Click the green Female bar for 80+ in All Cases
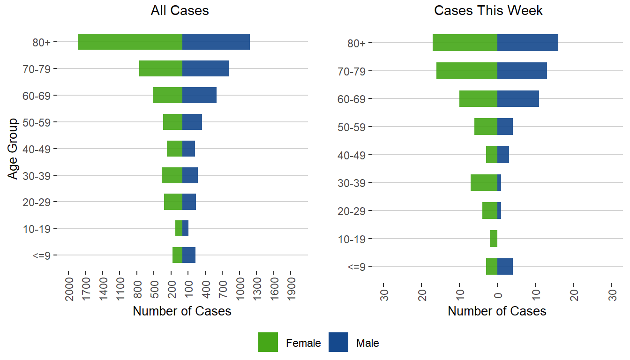(x=130, y=42)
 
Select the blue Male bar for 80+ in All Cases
(x=216, y=42)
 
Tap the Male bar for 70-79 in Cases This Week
(x=522, y=71)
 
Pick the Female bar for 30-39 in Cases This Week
(x=484, y=182)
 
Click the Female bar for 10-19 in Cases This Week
(x=494, y=239)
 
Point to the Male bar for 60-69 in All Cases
(x=199, y=95)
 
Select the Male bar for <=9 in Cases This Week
(x=505, y=266)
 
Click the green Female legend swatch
(x=268, y=342)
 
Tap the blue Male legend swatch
(x=338, y=342)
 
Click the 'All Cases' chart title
(x=180, y=11)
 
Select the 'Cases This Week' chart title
(x=488, y=11)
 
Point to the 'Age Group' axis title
(x=13, y=149)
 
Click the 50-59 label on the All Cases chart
(x=40, y=122)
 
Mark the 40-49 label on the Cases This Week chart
(x=355, y=155)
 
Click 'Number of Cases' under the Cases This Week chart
(x=497, y=311)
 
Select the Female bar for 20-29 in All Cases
(x=173, y=202)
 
